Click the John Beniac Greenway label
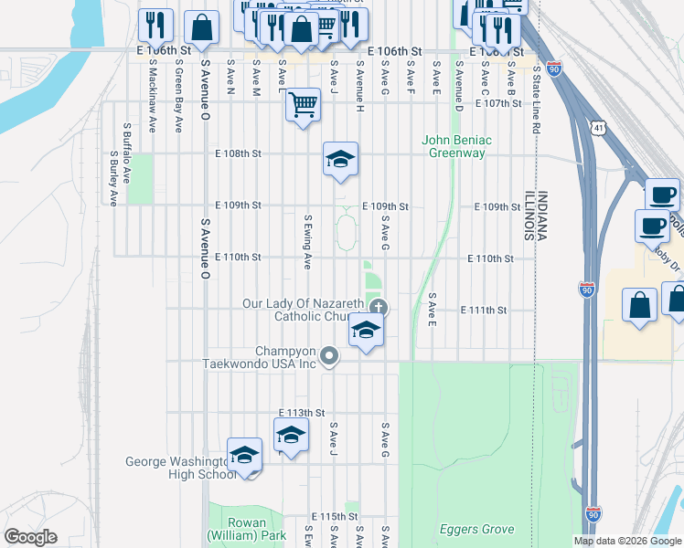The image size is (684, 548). pyautogui.click(x=456, y=146)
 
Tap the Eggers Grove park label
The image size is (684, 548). pyautogui.click(x=476, y=529)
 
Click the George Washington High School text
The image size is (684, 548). pyautogui.click(x=179, y=468)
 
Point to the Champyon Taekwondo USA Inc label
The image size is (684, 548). pyautogui.click(x=285, y=357)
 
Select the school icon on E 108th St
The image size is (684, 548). pyautogui.click(x=340, y=160)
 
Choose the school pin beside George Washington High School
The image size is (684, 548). pyautogui.click(x=245, y=455)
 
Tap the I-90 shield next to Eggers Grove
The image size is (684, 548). pyautogui.click(x=593, y=515)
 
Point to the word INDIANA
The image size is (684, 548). pyautogui.click(x=541, y=216)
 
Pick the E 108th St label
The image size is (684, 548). pyautogui.click(x=238, y=154)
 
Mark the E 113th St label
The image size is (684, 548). pyautogui.click(x=302, y=412)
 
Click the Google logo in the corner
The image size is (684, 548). pyautogui.click(x=31, y=537)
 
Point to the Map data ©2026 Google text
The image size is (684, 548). pyautogui.click(x=626, y=541)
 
